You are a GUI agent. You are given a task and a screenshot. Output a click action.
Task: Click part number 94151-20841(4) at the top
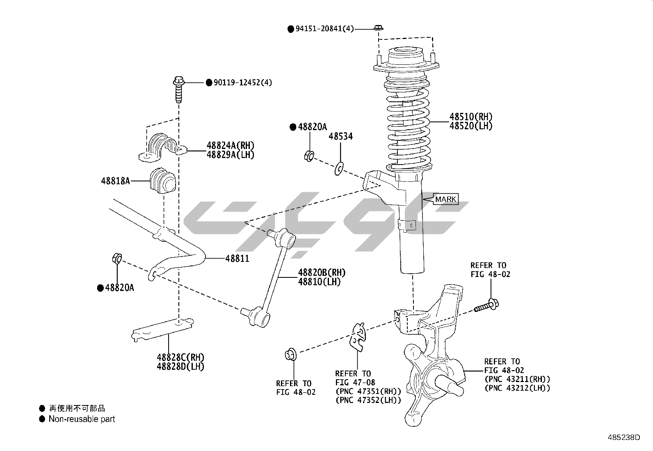click(x=324, y=29)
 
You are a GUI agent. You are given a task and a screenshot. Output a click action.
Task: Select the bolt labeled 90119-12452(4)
click(x=178, y=89)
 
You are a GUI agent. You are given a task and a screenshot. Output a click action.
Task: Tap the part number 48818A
click(x=115, y=181)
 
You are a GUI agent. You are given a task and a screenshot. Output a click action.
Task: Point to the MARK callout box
click(x=445, y=199)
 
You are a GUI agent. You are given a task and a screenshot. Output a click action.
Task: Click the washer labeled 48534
click(x=339, y=167)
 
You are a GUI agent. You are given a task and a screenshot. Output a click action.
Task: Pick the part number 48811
click(x=237, y=259)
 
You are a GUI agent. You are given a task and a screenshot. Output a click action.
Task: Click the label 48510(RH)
click(x=471, y=117)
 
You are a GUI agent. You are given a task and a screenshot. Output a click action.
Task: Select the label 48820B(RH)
click(x=322, y=272)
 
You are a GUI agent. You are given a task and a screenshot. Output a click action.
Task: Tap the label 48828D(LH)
click(x=180, y=366)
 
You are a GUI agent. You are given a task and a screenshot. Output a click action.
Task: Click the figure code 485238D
click(x=624, y=437)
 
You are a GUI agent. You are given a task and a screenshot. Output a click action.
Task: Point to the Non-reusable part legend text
click(x=82, y=419)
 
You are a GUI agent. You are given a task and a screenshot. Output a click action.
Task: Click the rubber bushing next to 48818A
click(x=161, y=182)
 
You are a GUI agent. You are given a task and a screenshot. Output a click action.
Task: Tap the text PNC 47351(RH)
click(x=368, y=391)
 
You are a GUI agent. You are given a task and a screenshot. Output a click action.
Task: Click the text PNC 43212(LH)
click(x=517, y=388)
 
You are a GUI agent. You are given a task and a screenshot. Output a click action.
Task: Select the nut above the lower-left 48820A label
click(x=116, y=259)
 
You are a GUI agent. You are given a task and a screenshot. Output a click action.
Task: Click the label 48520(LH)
click(x=471, y=126)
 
